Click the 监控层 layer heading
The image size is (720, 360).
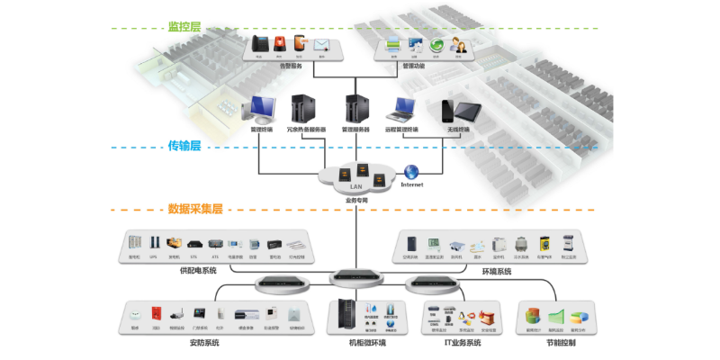coord(184,27)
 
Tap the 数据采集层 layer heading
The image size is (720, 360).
coord(194,209)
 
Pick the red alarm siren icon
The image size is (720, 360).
coord(280,43)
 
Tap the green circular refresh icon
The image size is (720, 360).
coord(436,44)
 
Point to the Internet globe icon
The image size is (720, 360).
coord(410,171)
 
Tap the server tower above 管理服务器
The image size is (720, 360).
coord(355,108)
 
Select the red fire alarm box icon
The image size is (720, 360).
coord(155,314)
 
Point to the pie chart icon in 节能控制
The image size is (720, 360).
coord(580,317)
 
